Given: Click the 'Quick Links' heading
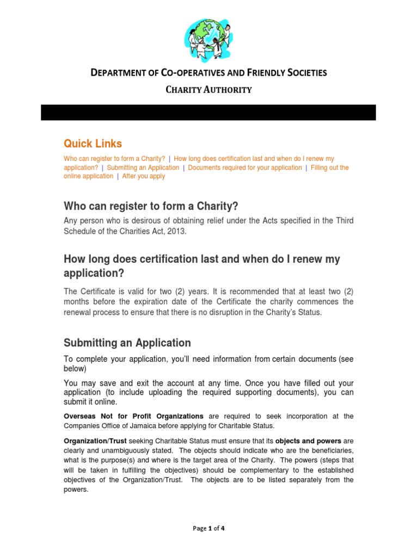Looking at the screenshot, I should (93, 144).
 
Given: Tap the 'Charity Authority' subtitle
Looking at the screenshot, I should (209, 90).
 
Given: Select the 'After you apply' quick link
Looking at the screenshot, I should (144, 176).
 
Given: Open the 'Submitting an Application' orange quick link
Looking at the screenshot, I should (143, 168).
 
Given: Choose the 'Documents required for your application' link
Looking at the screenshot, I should (245, 168).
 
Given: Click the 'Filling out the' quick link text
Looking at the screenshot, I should (330, 168).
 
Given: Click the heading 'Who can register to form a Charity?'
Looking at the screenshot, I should (151, 206).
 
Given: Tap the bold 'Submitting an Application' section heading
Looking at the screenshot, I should (127, 343).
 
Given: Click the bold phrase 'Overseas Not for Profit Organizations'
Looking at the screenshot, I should (134, 416).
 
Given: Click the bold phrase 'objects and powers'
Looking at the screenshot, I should (309, 441).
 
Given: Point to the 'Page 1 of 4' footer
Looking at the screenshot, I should (209, 528).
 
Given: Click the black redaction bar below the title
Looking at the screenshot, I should (209, 113).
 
